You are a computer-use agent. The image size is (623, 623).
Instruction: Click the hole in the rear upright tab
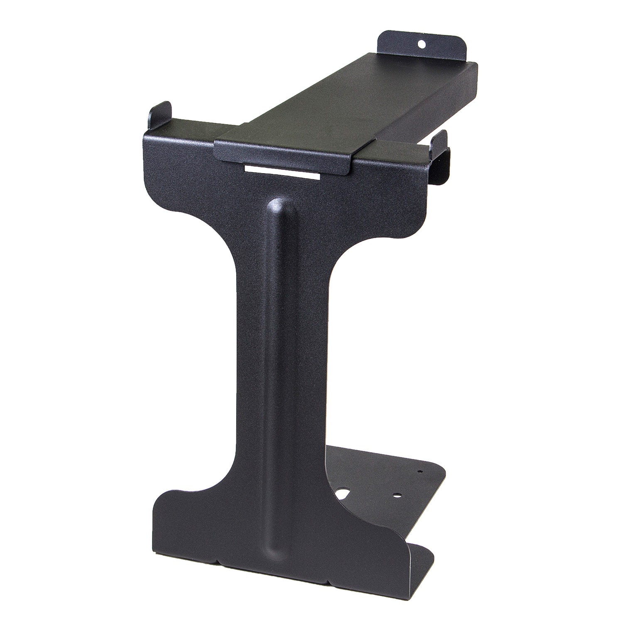(x=422, y=43)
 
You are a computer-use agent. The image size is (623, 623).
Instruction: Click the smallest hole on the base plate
(x=420, y=472)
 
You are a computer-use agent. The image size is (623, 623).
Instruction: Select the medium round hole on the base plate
(x=398, y=495)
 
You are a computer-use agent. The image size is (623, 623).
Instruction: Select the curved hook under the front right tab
(x=442, y=170)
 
